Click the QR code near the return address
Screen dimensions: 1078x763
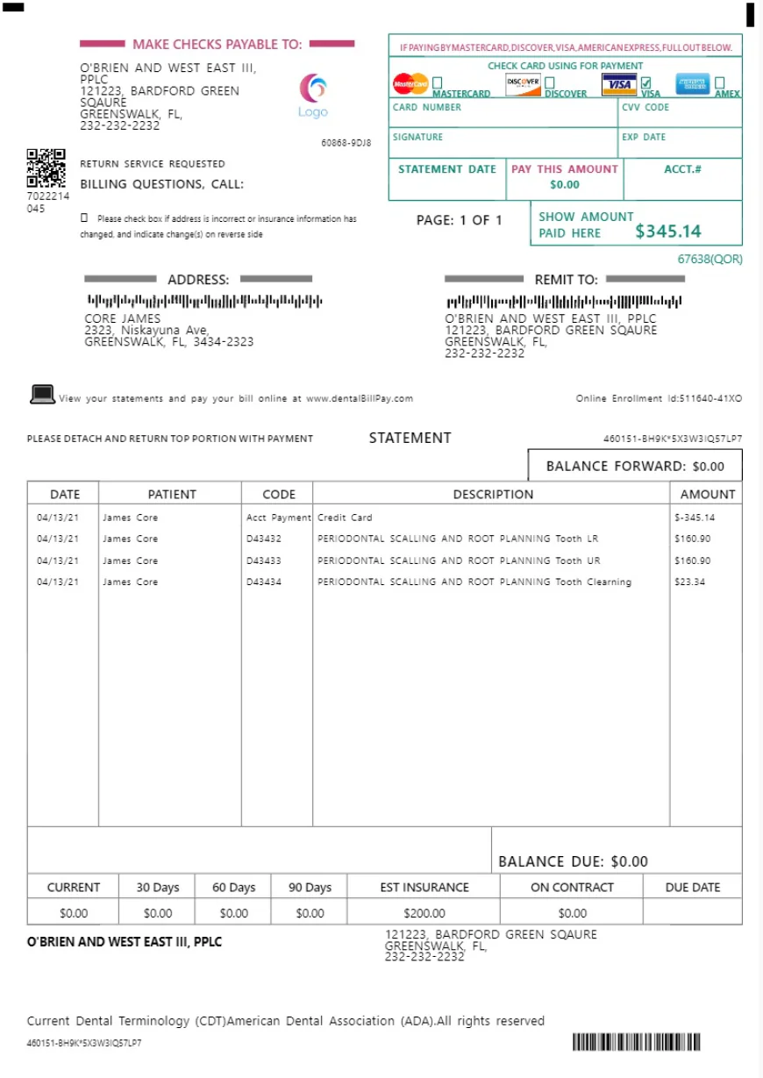click(x=46, y=168)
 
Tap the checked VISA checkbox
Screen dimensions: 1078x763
click(x=646, y=82)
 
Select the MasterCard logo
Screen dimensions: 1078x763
click(x=410, y=84)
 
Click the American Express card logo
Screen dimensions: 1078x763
click(x=693, y=84)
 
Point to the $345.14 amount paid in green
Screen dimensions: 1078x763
click(x=668, y=232)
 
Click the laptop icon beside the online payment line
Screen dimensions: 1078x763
click(x=42, y=395)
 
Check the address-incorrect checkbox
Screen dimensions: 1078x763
click(x=84, y=218)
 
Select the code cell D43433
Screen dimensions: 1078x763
click(x=264, y=560)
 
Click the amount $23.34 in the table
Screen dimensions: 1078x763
click(x=689, y=582)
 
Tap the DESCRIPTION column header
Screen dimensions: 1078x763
click(x=493, y=494)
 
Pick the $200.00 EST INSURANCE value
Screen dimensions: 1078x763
click(x=424, y=913)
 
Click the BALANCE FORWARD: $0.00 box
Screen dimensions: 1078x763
click(x=635, y=466)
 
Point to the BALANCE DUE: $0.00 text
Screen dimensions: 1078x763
click(x=573, y=861)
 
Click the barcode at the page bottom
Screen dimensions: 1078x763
click(x=637, y=1042)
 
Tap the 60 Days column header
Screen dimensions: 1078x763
click(x=233, y=887)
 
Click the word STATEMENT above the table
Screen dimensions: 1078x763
click(x=410, y=438)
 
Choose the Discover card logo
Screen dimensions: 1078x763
click(x=524, y=84)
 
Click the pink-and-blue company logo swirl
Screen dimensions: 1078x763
click(x=313, y=89)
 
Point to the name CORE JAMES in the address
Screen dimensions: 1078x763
click(x=123, y=318)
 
